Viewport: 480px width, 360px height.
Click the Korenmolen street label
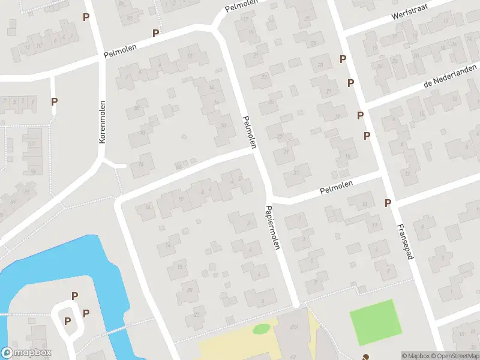tap(103, 121)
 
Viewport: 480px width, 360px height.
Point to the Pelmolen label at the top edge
tap(241, 7)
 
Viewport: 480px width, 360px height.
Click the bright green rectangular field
tap(375, 322)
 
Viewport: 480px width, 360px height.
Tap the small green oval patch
tap(261, 329)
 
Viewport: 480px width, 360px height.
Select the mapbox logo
tap(26, 353)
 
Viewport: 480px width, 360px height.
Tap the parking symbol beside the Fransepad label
tap(388, 203)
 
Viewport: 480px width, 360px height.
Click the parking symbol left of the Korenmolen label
tap(54, 102)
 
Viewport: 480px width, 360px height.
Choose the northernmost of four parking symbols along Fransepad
tap(343, 59)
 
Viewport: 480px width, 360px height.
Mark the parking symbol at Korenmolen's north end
tap(86, 17)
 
